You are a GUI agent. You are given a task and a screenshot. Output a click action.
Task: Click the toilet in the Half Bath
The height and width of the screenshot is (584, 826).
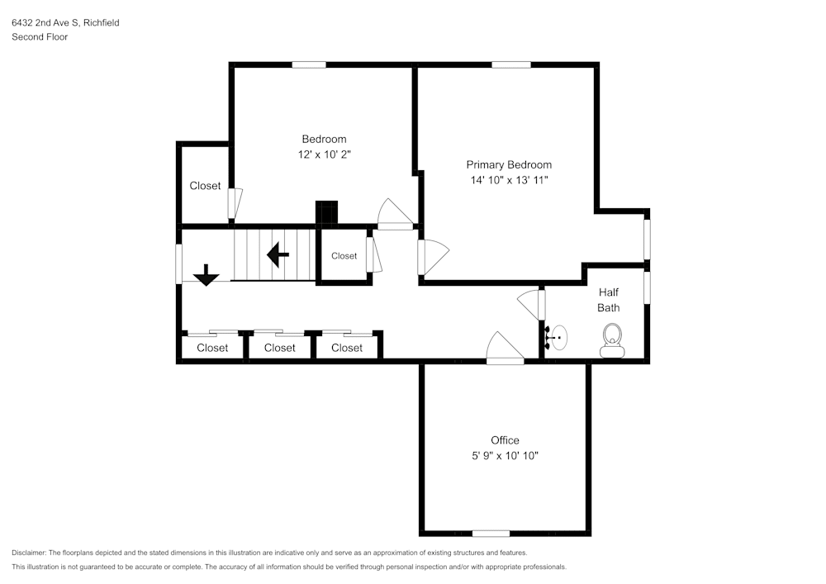tap(612, 339)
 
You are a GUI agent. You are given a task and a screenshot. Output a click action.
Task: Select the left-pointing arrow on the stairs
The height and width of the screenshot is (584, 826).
tap(278, 255)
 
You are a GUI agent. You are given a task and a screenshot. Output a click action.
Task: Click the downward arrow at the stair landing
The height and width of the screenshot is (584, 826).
tap(206, 274)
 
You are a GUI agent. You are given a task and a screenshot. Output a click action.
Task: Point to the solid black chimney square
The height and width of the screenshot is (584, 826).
tap(327, 212)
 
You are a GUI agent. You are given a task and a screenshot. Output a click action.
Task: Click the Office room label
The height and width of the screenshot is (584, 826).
tap(505, 440)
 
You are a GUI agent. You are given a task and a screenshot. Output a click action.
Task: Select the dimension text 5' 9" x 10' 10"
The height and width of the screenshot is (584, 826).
tap(505, 455)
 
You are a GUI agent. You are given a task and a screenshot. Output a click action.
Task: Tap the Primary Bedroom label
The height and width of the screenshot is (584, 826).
tap(509, 164)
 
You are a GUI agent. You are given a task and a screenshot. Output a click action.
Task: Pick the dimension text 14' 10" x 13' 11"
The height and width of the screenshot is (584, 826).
tap(508, 179)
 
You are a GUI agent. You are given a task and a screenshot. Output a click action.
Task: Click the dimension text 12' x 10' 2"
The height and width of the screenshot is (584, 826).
tap(324, 154)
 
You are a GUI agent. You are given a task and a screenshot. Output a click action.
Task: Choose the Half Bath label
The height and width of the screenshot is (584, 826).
tap(609, 300)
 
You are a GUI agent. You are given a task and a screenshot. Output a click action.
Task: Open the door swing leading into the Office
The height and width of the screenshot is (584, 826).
tap(503, 349)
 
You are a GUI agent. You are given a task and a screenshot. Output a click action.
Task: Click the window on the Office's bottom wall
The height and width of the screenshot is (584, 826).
tap(491, 533)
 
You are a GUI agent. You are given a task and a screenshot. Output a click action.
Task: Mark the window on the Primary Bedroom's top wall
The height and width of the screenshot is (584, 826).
tap(511, 64)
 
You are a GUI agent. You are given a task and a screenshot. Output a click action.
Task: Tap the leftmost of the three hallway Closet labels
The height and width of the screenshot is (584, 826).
tap(212, 348)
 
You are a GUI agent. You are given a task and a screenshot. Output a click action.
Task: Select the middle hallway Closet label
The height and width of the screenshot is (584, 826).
tap(279, 348)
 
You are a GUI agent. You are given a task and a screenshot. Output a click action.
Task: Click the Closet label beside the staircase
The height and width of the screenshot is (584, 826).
tap(344, 256)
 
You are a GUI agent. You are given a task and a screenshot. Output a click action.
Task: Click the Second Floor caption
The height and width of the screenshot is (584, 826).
tap(40, 37)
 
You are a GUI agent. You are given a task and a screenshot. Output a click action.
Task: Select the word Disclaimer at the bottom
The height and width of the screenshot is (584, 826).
tap(30, 553)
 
